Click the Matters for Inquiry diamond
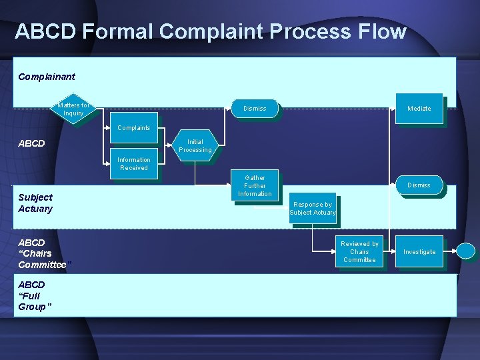click(x=73, y=109)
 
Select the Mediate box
click(x=419, y=108)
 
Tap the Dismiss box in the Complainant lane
click(x=255, y=108)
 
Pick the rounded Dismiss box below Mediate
click(x=419, y=185)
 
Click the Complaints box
click(x=133, y=127)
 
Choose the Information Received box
click(x=133, y=163)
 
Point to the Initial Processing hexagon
click(x=195, y=145)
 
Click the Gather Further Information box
click(x=255, y=186)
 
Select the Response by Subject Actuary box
click(x=313, y=209)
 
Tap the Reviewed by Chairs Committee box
click(x=359, y=251)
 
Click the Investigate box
click(x=419, y=251)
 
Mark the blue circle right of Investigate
click(x=467, y=251)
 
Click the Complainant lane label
click(x=47, y=77)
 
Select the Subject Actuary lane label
click(x=35, y=203)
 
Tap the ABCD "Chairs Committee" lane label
click(x=41, y=253)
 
